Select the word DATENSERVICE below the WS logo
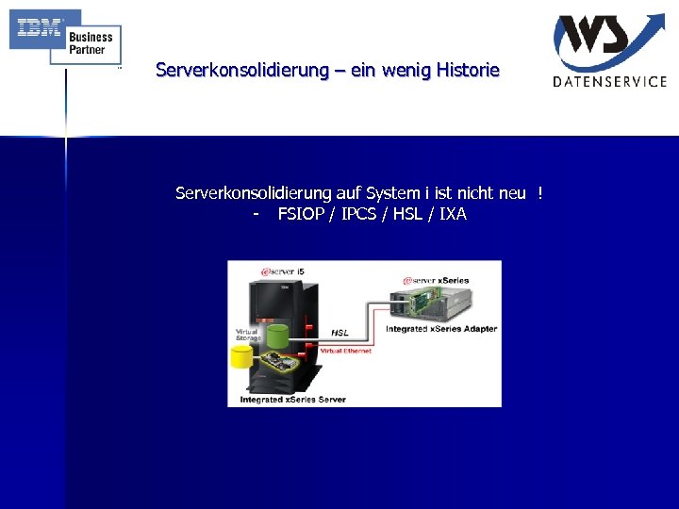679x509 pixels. click(609, 81)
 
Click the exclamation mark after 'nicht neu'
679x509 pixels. click(540, 193)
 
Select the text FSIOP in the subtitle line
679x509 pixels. click(299, 214)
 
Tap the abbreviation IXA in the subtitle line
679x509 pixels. click(453, 214)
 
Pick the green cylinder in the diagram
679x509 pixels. click(277, 337)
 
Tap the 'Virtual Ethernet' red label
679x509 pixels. click(346, 351)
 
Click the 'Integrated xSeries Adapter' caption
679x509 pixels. click(441, 329)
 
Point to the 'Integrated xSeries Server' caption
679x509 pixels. click(292, 400)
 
